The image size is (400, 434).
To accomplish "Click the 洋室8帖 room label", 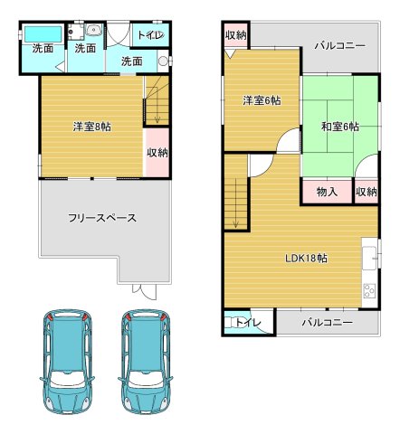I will tap(91, 127).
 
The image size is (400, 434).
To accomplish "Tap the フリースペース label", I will tap(101, 218).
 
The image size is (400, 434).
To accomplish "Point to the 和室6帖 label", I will tap(340, 127).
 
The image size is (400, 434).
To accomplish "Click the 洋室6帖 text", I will tap(262, 100).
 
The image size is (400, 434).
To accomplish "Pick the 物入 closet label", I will tap(327, 192).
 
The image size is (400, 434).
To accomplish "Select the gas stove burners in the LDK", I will tap(368, 291).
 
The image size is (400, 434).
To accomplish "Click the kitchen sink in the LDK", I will tap(369, 255).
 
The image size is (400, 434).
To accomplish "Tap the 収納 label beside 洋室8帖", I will tap(157, 152).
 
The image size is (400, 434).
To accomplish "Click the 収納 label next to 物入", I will tap(366, 192).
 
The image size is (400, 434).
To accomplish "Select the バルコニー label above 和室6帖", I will tap(339, 44).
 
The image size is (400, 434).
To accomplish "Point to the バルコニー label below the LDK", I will tap(327, 323).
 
